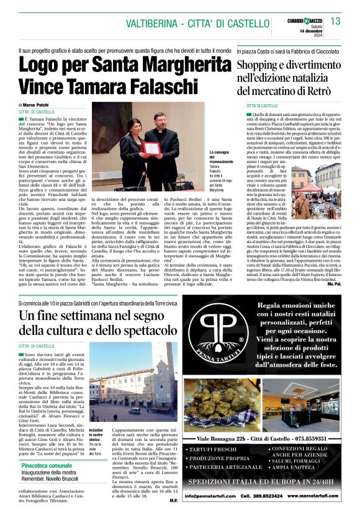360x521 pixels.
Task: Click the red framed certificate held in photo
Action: (150, 147)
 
